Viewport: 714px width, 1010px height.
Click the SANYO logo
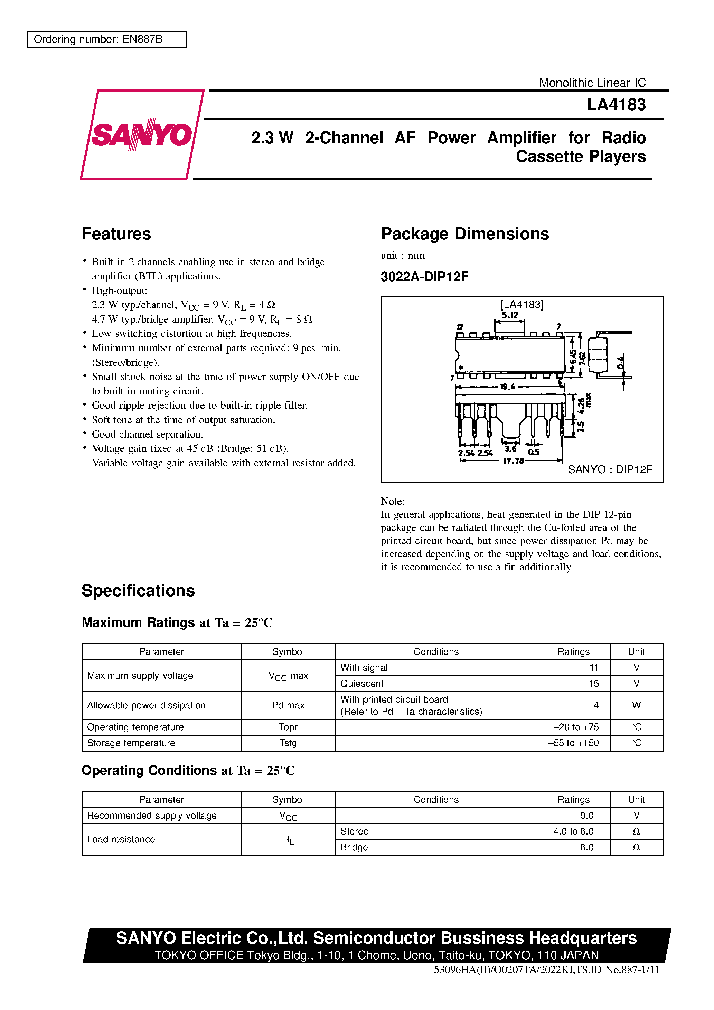[x=142, y=135]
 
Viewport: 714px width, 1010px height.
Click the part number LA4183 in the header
[x=616, y=105]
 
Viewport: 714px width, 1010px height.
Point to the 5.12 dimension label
[x=510, y=315]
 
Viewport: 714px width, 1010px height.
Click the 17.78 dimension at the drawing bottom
[x=513, y=461]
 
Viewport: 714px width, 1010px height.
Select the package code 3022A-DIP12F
[x=424, y=277]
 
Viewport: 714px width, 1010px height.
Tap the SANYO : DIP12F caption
[x=610, y=469]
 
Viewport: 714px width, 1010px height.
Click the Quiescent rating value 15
[x=593, y=684]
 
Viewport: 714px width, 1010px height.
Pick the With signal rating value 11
[x=594, y=668]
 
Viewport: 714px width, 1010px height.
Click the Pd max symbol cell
[x=288, y=705]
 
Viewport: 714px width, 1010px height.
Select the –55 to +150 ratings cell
[x=573, y=743]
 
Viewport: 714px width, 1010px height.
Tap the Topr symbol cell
[x=288, y=727]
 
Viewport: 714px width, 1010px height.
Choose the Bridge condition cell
[x=354, y=847]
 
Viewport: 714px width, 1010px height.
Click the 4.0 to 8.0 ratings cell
[x=573, y=831]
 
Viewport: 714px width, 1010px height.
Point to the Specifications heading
[x=138, y=591]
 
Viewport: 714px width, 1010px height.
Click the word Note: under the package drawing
[x=393, y=502]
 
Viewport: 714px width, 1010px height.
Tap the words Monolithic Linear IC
[x=592, y=83]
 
